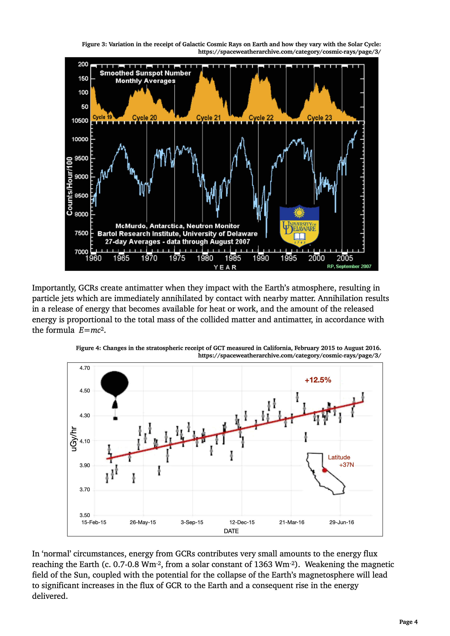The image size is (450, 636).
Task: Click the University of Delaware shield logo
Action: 299,226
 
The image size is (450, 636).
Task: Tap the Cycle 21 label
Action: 208,118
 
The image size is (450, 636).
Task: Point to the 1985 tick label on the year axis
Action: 233,258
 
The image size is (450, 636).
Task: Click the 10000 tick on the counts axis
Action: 80,139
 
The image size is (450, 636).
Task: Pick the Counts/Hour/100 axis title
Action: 69,186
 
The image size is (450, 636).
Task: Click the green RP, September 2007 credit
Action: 349,266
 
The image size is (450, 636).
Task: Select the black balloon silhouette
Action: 114,384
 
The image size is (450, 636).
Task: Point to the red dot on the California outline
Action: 324,470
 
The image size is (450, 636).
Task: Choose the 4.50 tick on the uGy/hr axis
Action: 85,391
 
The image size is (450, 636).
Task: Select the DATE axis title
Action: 231,531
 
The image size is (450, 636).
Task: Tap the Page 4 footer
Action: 408,622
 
